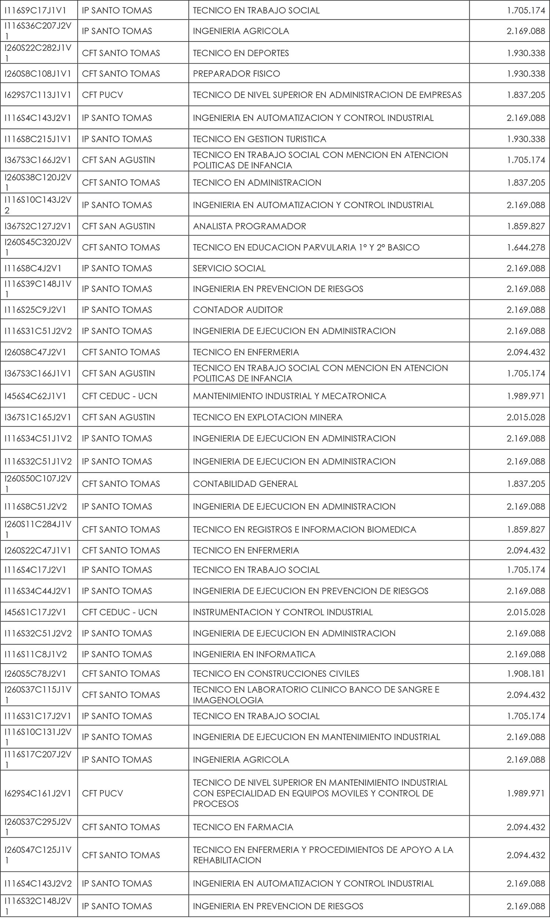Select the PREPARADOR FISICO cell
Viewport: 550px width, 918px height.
coord(236,74)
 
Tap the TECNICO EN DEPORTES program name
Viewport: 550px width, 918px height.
coord(241,53)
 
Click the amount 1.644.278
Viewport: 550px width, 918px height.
coord(526,247)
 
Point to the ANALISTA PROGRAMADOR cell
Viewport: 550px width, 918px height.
coord(249,226)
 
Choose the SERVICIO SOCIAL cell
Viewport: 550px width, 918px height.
coord(229,268)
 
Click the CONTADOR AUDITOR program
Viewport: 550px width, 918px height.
coord(238,310)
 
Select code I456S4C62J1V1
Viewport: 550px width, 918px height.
coord(35,396)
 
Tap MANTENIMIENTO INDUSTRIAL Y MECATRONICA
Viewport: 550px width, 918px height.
coord(289,396)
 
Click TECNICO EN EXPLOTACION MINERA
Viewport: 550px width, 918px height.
coord(268,417)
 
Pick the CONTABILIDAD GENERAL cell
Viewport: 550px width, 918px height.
coord(245,484)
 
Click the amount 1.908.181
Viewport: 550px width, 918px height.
coord(526,673)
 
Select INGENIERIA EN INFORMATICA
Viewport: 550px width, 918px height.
coord(254,654)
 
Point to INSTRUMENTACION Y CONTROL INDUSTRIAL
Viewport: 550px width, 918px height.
coord(283,612)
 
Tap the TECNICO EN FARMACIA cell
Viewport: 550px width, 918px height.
coord(243,827)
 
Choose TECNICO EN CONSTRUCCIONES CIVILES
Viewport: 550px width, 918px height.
coord(276,673)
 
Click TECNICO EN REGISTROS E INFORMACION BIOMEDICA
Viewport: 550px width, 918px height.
coord(304,529)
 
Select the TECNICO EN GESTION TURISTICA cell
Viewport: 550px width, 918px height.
coord(260,139)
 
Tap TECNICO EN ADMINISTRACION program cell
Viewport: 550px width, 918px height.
coord(257,183)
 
